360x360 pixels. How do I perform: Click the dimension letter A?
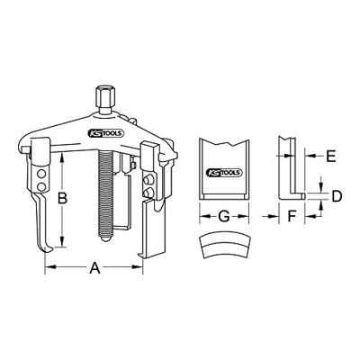click(x=93, y=267)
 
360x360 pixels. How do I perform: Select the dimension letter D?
click(x=335, y=195)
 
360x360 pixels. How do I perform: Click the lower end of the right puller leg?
click(x=140, y=255)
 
